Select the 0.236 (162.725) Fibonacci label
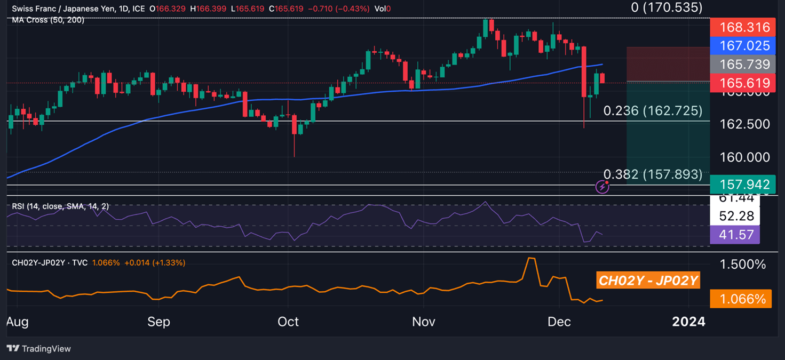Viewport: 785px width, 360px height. [x=653, y=111]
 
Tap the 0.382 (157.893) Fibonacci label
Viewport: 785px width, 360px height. [x=653, y=174]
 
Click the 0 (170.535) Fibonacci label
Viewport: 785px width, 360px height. [x=667, y=7]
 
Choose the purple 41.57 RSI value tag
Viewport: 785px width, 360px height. [x=736, y=235]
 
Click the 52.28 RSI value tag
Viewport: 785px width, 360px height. [x=736, y=216]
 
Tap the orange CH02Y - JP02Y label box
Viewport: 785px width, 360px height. [x=648, y=281]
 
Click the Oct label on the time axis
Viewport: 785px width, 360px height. [x=288, y=322]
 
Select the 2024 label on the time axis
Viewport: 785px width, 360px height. [x=688, y=322]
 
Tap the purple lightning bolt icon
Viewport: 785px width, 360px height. [x=602, y=187]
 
